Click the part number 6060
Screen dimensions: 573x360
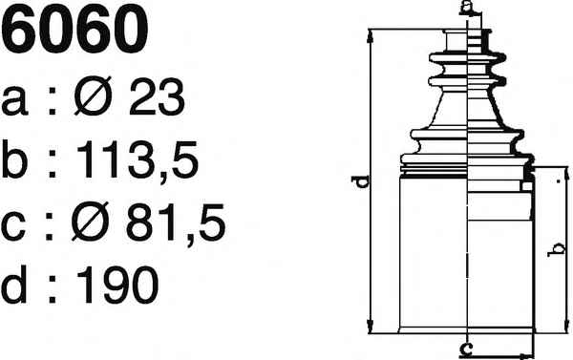(x=74, y=29)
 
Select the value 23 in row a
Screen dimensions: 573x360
(x=157, y=97)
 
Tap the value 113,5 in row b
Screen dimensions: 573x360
(x=138, y=159)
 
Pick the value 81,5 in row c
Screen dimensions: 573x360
(x=176, y=222)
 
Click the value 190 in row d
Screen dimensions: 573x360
(x=117, y=285)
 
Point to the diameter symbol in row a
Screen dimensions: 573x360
(x=93, y=96)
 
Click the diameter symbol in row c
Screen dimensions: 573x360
(x=91, y=222)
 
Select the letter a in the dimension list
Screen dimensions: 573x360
(x=14, y=101)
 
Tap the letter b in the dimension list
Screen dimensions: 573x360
(x=14, y=159)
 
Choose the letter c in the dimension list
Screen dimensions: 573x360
(x=13, y=226)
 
